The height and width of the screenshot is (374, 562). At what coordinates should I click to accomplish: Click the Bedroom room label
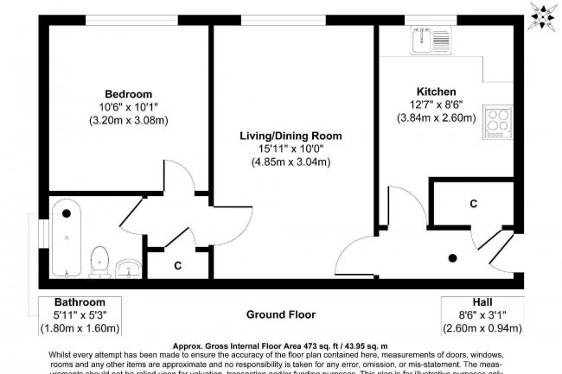click(128, 93)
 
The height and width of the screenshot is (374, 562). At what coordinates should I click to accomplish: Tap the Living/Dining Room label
click(291, 136)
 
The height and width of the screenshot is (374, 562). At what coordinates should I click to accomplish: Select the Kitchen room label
click(436, 92)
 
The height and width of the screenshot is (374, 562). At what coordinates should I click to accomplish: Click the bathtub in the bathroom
click(66, 238)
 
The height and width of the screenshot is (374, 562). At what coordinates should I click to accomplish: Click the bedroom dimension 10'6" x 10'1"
click(128, 107)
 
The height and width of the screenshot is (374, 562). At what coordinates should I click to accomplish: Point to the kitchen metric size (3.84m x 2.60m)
click(436, 119)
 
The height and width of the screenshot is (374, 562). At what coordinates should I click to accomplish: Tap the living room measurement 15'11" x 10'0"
click(291, 149)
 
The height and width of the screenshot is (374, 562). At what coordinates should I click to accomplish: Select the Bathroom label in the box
click(80, 302)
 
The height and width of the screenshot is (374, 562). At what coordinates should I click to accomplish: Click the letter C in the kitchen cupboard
click(473, 204)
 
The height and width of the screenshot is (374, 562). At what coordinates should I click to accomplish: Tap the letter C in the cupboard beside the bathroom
click(177, 265)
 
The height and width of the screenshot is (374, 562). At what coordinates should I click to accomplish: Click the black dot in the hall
click(453, 257)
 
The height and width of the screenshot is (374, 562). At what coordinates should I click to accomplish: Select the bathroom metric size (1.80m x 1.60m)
click(80, 327)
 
